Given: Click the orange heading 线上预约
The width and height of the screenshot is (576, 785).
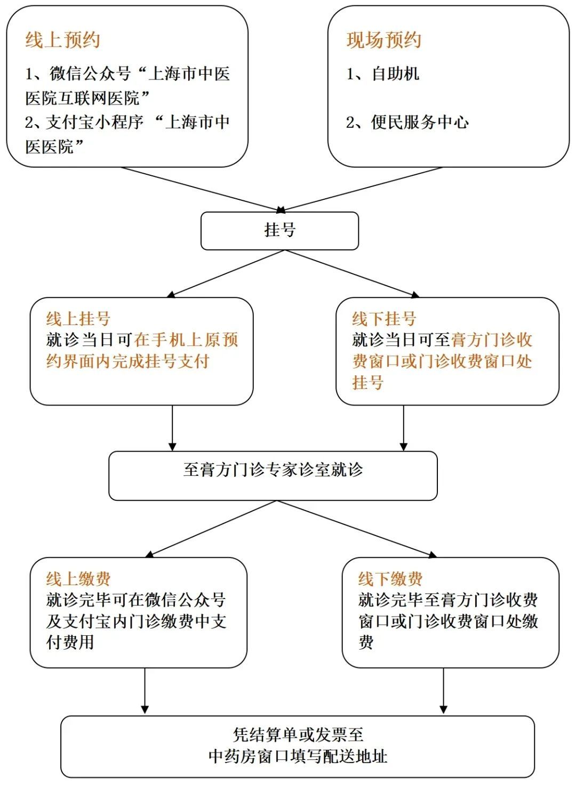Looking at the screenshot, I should pyautogui.click(x=62, y=40).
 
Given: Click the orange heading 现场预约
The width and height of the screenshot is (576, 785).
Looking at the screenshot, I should pyautogui.click(x=383, y=40).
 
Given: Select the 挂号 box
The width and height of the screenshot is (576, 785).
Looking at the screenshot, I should pyautogui.click(x=279, y=230).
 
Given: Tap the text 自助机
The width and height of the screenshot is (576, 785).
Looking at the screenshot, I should pyautogui.click(x=395, y=74).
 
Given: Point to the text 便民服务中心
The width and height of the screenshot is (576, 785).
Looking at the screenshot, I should pyautogui.click(x=420, y=122).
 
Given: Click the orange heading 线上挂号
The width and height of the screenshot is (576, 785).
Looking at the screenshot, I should pyautogui.click(x=78, y=319).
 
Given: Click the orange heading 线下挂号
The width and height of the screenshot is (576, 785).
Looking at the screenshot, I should pyautogui.click(x=383, y=319).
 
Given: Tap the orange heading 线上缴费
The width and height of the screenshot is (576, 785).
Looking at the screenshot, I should pyautogui.click(x=78, y=579).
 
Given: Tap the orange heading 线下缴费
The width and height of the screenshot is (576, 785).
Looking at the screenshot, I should pyautogui.click(x=390, y=579).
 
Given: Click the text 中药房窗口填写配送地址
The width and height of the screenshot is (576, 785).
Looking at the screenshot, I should pyautogui.click(x=298, y=756).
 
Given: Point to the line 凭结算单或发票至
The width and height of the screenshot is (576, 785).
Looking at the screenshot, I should pyautogui.click(x=298, y=735).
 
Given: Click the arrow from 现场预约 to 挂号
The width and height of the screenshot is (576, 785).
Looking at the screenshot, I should pyautogui.click(x=363, y=189).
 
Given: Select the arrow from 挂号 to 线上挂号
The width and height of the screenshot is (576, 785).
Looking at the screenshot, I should pyautogui.click(x=227, y=273).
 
